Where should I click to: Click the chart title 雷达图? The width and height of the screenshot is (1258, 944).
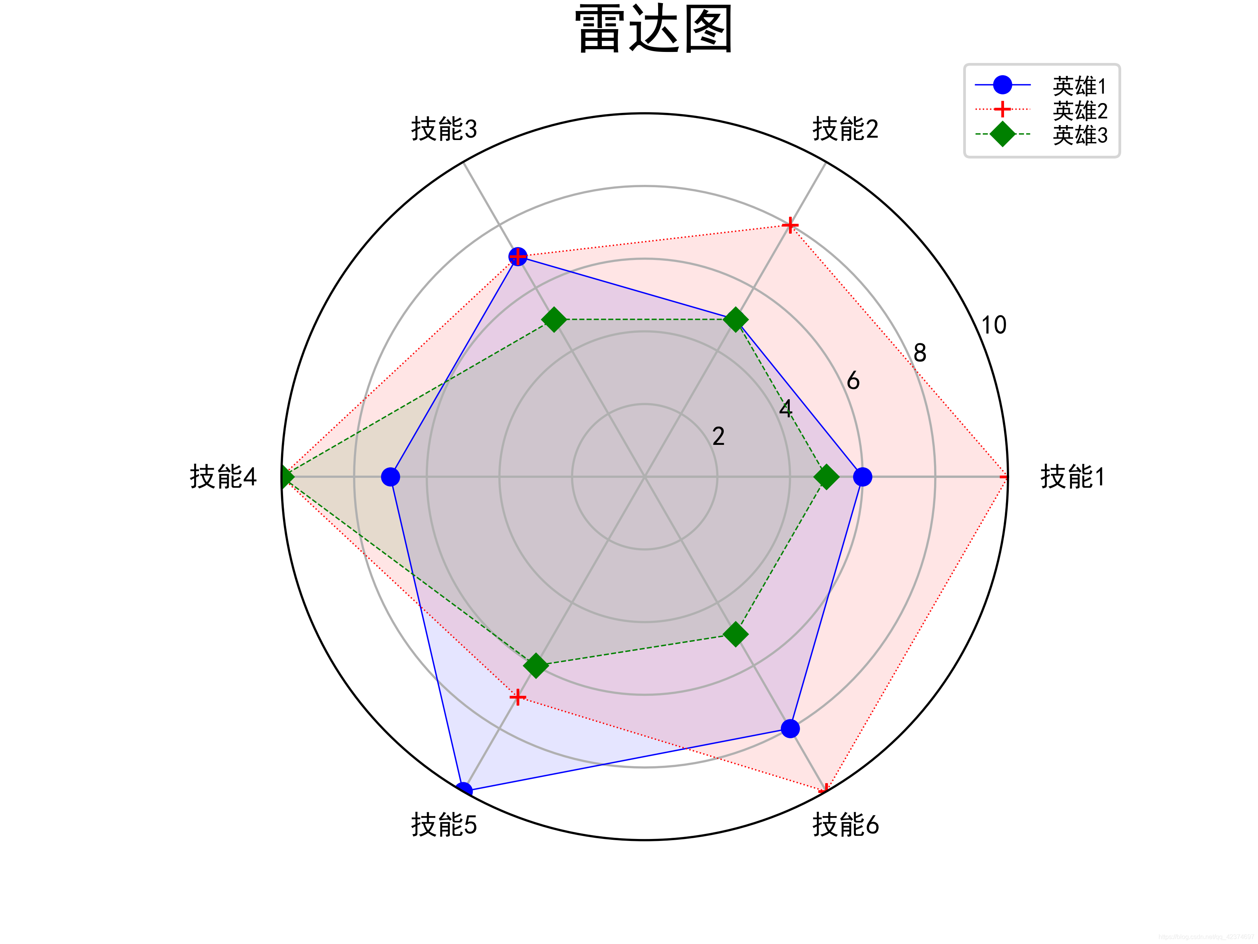point(653,29)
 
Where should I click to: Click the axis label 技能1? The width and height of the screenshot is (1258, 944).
point(1072,477)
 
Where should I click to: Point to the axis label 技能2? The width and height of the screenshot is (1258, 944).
point(845,129)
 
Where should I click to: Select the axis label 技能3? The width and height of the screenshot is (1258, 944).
point(444,129)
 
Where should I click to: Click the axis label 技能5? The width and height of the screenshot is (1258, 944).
point(444,825)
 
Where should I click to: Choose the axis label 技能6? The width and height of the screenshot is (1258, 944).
point(845,825)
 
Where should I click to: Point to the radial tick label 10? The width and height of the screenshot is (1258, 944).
point(993,325)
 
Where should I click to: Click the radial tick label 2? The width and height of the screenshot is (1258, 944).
point(718,437)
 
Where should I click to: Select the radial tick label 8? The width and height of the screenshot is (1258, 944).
point(920,353)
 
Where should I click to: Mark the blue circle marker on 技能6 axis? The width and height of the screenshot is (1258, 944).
point(790,729)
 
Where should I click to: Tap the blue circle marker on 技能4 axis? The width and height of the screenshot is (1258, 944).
point(390,477)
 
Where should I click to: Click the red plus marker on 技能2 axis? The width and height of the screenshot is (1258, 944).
point(790,225)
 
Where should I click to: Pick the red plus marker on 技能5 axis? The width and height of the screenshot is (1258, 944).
point(517,697)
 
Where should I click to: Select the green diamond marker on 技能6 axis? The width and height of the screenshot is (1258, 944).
point(736,634)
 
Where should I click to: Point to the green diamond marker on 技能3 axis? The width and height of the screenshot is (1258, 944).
point(554,320)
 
